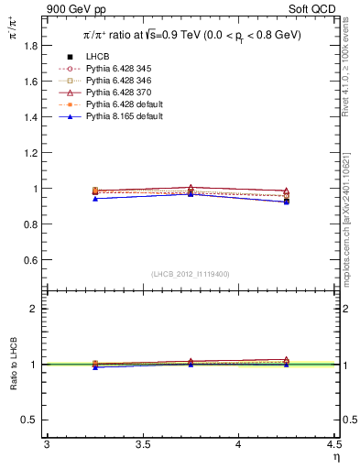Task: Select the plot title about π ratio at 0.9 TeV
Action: click(191, 36)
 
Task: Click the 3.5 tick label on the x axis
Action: click(143, 445)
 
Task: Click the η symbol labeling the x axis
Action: click(335, 457)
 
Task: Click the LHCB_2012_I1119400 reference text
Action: click(191, 274)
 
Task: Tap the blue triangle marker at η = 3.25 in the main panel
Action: click(95, 198)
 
